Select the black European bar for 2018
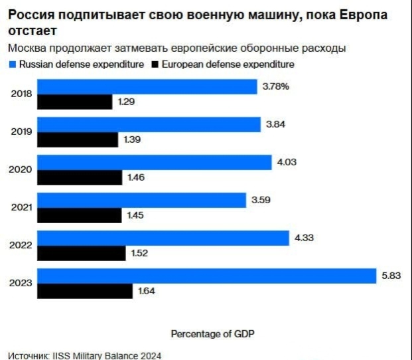point(74,102)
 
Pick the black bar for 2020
point(80,177)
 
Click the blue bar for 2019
point(148,125)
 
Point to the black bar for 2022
point(81,253)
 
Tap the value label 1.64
point(147,290)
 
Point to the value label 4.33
point(304,238)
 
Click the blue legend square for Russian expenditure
point(13,64)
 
